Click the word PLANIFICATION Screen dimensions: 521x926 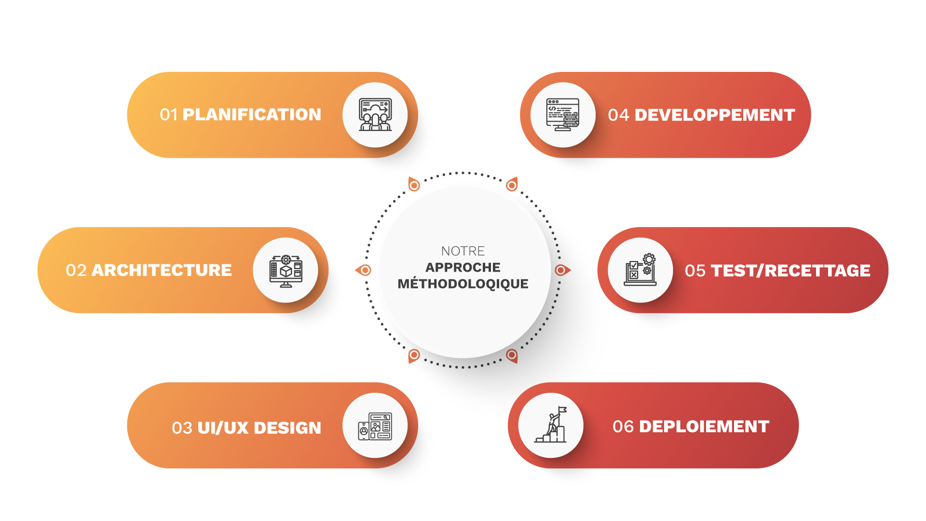tap(252, 115)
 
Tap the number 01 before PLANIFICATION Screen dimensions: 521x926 tap(169, 115)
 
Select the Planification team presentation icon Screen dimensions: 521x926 tap(375, 115)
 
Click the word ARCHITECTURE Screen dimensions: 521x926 tap(162, 270)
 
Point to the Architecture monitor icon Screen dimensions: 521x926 tap(286, 271)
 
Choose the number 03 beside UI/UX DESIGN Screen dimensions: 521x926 tap(182, 428)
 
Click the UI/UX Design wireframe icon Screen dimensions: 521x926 tap(375, 426)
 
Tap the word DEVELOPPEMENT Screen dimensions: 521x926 tap(715, 115)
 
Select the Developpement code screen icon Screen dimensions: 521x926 tap(562, 115)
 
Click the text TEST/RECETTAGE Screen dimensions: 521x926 tap(790, 271)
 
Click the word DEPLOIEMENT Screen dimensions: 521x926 tap(704, 426)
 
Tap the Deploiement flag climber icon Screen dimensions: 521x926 tap(551, 425)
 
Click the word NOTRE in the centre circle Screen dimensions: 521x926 tap(463, 251)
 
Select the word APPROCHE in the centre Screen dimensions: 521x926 tap(463, 267)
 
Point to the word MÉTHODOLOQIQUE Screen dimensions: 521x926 tap(463, 284)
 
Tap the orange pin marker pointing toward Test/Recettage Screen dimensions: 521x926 tap(561, 270)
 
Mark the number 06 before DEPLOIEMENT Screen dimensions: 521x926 tap(623, 426)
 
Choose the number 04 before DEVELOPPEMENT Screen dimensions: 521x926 tap(619, 115)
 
